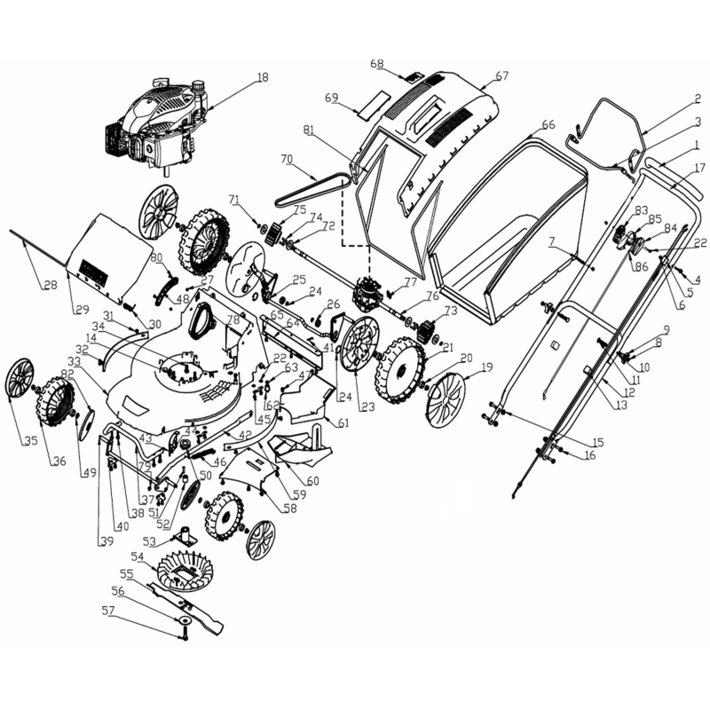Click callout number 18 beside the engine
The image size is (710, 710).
click(261, 78)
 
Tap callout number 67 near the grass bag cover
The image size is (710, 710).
click(502, 76)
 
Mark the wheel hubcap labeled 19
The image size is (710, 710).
click(446, 398)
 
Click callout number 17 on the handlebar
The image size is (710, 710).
click(699, 168)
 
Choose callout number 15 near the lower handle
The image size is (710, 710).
click(597, 441)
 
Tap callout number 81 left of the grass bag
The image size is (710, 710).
click(308, 130)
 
